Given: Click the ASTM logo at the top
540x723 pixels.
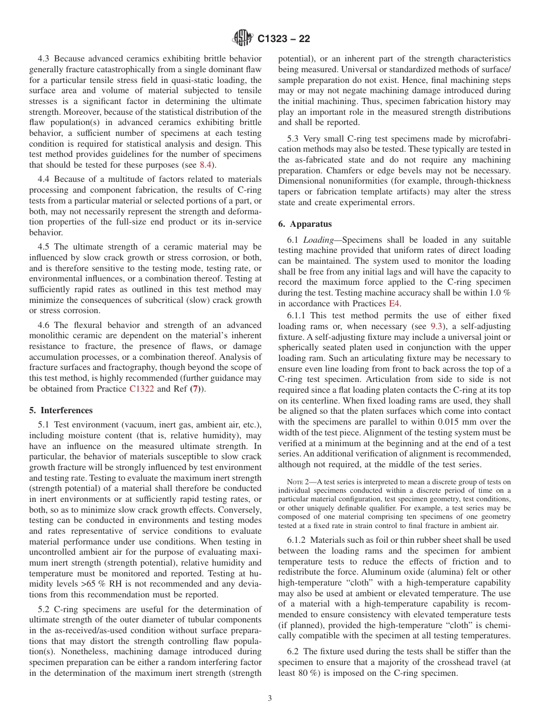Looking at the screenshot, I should pyautogui.click(x=243, y=39).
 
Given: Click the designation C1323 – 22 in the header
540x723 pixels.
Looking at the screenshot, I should pyautogui.click(x=284, y=39).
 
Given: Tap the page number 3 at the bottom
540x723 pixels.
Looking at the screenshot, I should pyautogui.click(x=270, y=699).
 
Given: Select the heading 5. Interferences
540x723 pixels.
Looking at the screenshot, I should pyautogui.click(x=61, y=410).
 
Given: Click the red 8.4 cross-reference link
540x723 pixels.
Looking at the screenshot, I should pyautogui.click(x=206, y=165).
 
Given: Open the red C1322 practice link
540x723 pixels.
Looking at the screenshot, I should pyautogui.click(x=142, y=389).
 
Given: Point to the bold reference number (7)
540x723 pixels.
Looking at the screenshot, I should pyautogui.click(x=195, y=389).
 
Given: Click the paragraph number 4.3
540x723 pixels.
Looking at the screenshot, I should pyautogui.click(x=45, y=59).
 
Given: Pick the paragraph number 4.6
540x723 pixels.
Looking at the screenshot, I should pyautogui.click(x=45, y=325).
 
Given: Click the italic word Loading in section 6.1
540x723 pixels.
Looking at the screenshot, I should pyautogui.click(x=318, y=240).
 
